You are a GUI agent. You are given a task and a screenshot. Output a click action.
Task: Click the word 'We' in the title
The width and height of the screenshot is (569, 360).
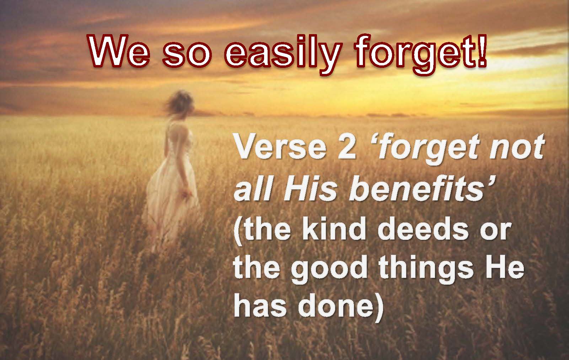pos(118,53)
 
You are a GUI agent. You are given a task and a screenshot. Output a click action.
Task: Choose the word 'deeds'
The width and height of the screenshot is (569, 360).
pos(423,227)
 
